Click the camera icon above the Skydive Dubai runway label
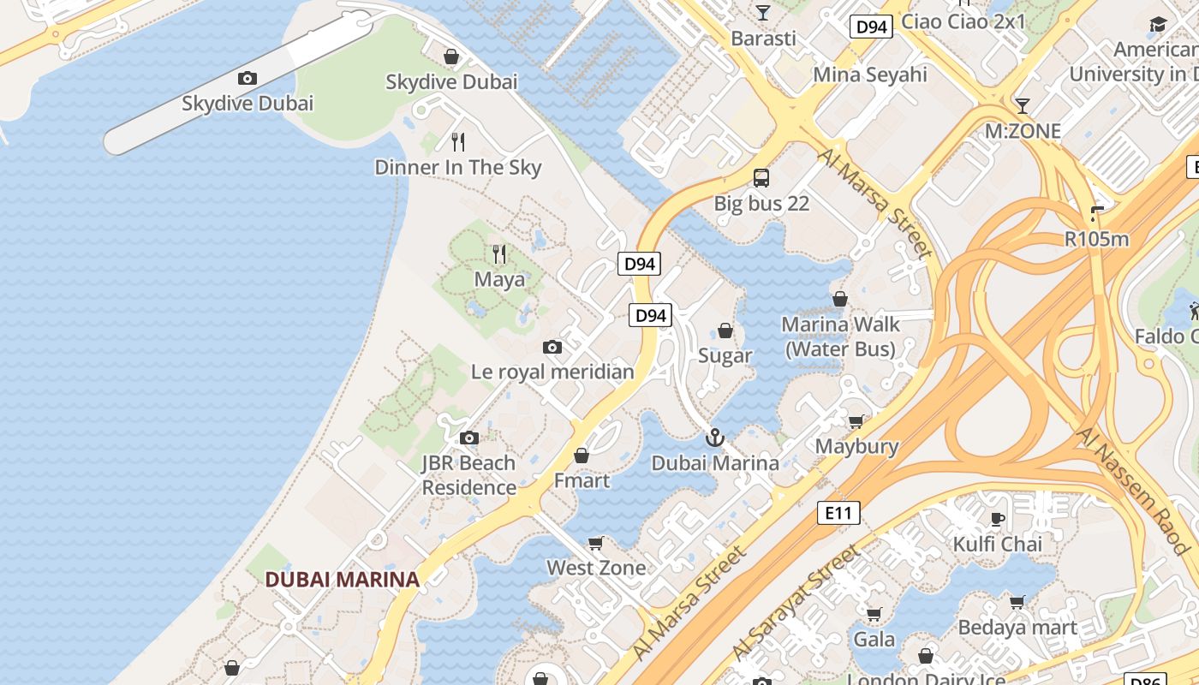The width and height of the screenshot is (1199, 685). tap(248, 79)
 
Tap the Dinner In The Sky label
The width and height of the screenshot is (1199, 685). tap(458, 167)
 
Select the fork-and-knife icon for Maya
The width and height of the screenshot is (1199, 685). tap(499, 254)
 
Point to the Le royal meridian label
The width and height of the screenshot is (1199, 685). tap(552, 372)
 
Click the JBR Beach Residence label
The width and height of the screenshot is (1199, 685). tap(468, 475)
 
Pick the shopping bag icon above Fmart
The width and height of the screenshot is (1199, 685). tap(582, 456)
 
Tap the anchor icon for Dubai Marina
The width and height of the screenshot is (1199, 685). tap(715, 438)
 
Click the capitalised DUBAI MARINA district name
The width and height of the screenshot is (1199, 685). tap(342, 580)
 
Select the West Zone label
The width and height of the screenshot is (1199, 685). tap(596, 568)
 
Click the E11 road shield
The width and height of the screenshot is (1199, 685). tap(838, 513)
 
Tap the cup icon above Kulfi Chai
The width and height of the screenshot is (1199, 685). tap(998, 519)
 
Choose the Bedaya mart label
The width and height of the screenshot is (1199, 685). tap(1017, 628)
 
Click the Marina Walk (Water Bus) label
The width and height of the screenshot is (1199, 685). tap(840, 337)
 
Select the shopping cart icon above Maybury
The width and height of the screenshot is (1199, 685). tap(856, 421)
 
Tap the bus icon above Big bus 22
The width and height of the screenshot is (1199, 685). tap(761, 178)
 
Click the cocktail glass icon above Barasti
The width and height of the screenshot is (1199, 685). tap(763, 13)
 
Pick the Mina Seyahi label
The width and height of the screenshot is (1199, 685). tap(870, 74)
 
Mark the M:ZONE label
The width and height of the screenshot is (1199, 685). tap(1023, 132)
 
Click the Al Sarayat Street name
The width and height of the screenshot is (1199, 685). tap(796, 603)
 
